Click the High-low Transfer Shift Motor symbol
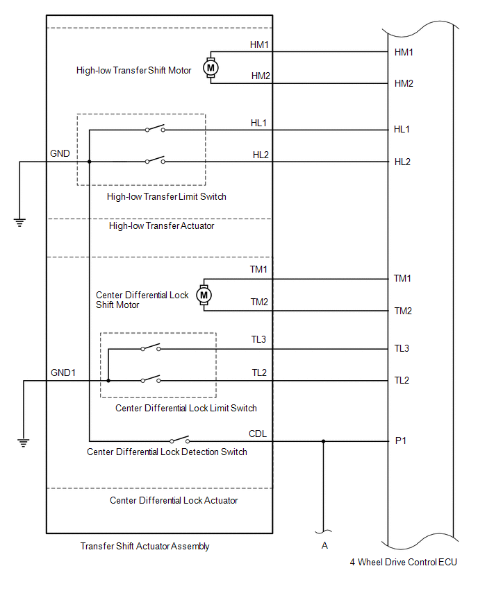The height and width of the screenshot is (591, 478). pos(211,67)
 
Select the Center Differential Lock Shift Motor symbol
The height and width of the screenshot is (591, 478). pos(204,295)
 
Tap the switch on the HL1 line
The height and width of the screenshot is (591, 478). pos(155,130)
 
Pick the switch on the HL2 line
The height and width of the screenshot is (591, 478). pos(155,162)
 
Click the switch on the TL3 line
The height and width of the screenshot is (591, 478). pos(150,348)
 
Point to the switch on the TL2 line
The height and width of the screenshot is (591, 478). pos(150,380)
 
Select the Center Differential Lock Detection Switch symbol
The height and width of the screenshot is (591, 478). pos(180,440)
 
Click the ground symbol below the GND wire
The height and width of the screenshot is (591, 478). pos(19,222)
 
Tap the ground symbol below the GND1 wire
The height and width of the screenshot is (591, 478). pos(24,442)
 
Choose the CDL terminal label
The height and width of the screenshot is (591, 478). pos(258,434)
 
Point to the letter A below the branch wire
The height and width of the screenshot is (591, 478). pos(324,546)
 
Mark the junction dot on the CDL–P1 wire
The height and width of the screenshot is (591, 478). pos(323,440)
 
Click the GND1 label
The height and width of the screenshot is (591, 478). pos(63,372)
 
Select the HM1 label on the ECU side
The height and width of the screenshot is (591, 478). pos(404,52)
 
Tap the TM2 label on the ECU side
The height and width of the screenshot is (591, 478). pos(403,311)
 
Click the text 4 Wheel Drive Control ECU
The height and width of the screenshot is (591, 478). pos(404,562)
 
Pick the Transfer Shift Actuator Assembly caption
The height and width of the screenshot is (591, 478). pos(145,546)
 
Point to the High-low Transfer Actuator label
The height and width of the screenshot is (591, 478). pos(161,225)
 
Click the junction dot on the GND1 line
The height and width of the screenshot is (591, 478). pos(108,380)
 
